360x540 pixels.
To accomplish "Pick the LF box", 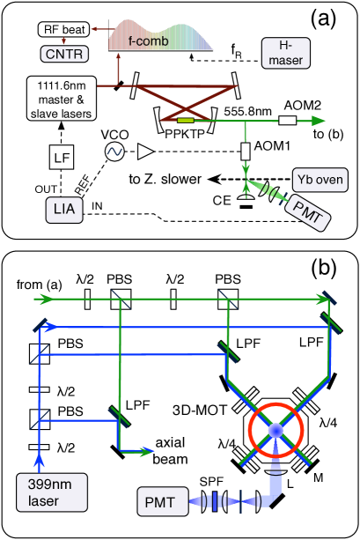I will click(62, 158).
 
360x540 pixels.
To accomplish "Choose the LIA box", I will click(62, 210).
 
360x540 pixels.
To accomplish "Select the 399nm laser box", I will click(51, 492).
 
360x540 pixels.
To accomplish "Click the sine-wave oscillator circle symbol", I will click(114, 152).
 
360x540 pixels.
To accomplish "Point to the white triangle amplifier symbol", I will click(145, 152).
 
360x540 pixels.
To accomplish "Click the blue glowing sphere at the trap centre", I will click(275, 430).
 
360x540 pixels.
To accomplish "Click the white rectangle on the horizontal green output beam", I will click(287, 121).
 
